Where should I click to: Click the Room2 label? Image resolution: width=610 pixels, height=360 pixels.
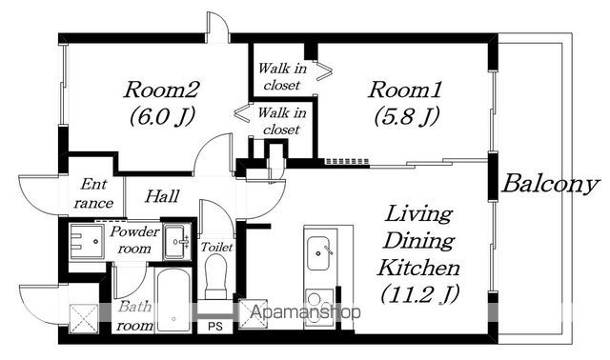click(161, 90)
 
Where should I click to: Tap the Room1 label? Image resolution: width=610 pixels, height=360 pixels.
click(404, 90)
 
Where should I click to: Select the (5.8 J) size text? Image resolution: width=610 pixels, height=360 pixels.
click(407, 116)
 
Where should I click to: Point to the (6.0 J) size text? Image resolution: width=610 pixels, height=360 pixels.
click(162, 116)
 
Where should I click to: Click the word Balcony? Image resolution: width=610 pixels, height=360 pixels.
click(549, 184)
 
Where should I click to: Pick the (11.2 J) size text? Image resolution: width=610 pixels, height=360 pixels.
click(420, 294)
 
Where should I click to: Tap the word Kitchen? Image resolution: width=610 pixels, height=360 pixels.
click(418, 268)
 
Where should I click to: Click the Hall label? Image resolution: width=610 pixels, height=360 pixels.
click(162, 196)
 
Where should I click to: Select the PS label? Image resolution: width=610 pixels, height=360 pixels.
click(214, 326)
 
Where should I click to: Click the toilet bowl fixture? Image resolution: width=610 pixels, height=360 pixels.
click(216, 276)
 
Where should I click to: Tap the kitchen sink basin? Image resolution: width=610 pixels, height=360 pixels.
click(320, 252)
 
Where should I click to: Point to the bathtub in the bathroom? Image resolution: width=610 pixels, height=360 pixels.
click(173, 299)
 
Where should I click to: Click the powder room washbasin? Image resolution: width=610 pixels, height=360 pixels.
click(177, 241)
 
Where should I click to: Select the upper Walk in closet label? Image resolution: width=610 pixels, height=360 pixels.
click(282, 76)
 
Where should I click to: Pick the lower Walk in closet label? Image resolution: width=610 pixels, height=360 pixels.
click(282, 121)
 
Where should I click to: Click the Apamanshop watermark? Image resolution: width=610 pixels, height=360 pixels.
click(305, 312)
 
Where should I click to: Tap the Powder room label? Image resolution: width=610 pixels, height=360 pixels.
click(134, 239)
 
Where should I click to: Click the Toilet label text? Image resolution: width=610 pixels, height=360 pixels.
click(216, 247)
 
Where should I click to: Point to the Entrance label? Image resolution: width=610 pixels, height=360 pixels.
click(93, 193)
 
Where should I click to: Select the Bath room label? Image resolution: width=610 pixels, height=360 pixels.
click(134, 316)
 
